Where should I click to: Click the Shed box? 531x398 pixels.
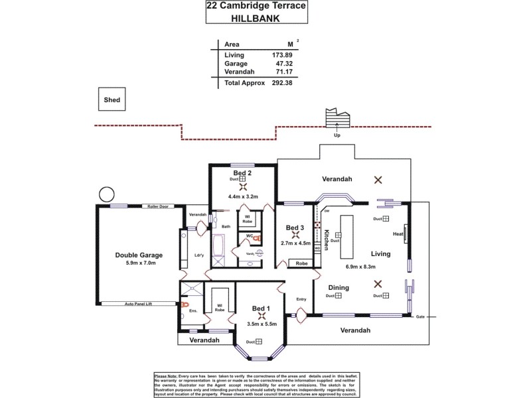click(112, 99)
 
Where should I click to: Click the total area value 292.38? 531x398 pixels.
click(279, 83)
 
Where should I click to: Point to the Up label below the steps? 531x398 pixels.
click(337, 136)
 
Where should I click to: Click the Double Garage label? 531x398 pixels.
click(139, 255)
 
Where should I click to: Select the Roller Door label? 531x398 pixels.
click(160, 206)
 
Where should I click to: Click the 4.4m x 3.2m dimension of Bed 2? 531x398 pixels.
click(242, 196)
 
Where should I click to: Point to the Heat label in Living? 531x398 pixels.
click(398, 233)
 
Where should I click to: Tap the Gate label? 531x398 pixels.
click(420, 316)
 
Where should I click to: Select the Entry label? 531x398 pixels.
click(301, 299)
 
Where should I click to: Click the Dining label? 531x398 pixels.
click(339, 287)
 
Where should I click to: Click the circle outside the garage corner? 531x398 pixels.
click(106, 195)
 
